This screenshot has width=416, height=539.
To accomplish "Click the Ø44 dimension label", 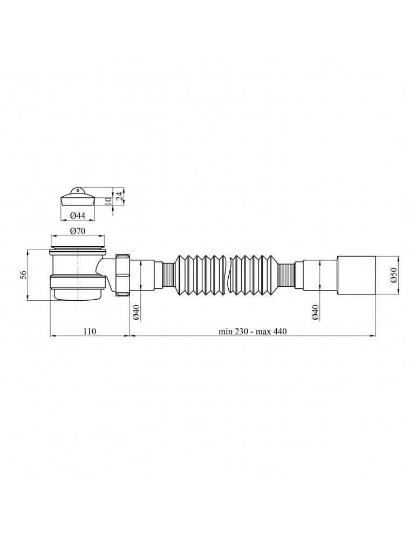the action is (77, 216).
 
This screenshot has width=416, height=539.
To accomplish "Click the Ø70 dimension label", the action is (77, 231).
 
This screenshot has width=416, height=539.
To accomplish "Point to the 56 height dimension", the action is (23, 274).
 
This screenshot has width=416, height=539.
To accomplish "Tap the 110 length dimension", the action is (89, 331).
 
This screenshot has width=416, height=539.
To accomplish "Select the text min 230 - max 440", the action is (253, 331).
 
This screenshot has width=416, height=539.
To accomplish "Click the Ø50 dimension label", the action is (394, 275).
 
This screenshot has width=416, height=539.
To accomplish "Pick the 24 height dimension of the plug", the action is (119, 196).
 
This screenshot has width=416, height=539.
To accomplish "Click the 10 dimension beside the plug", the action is (109, 201).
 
